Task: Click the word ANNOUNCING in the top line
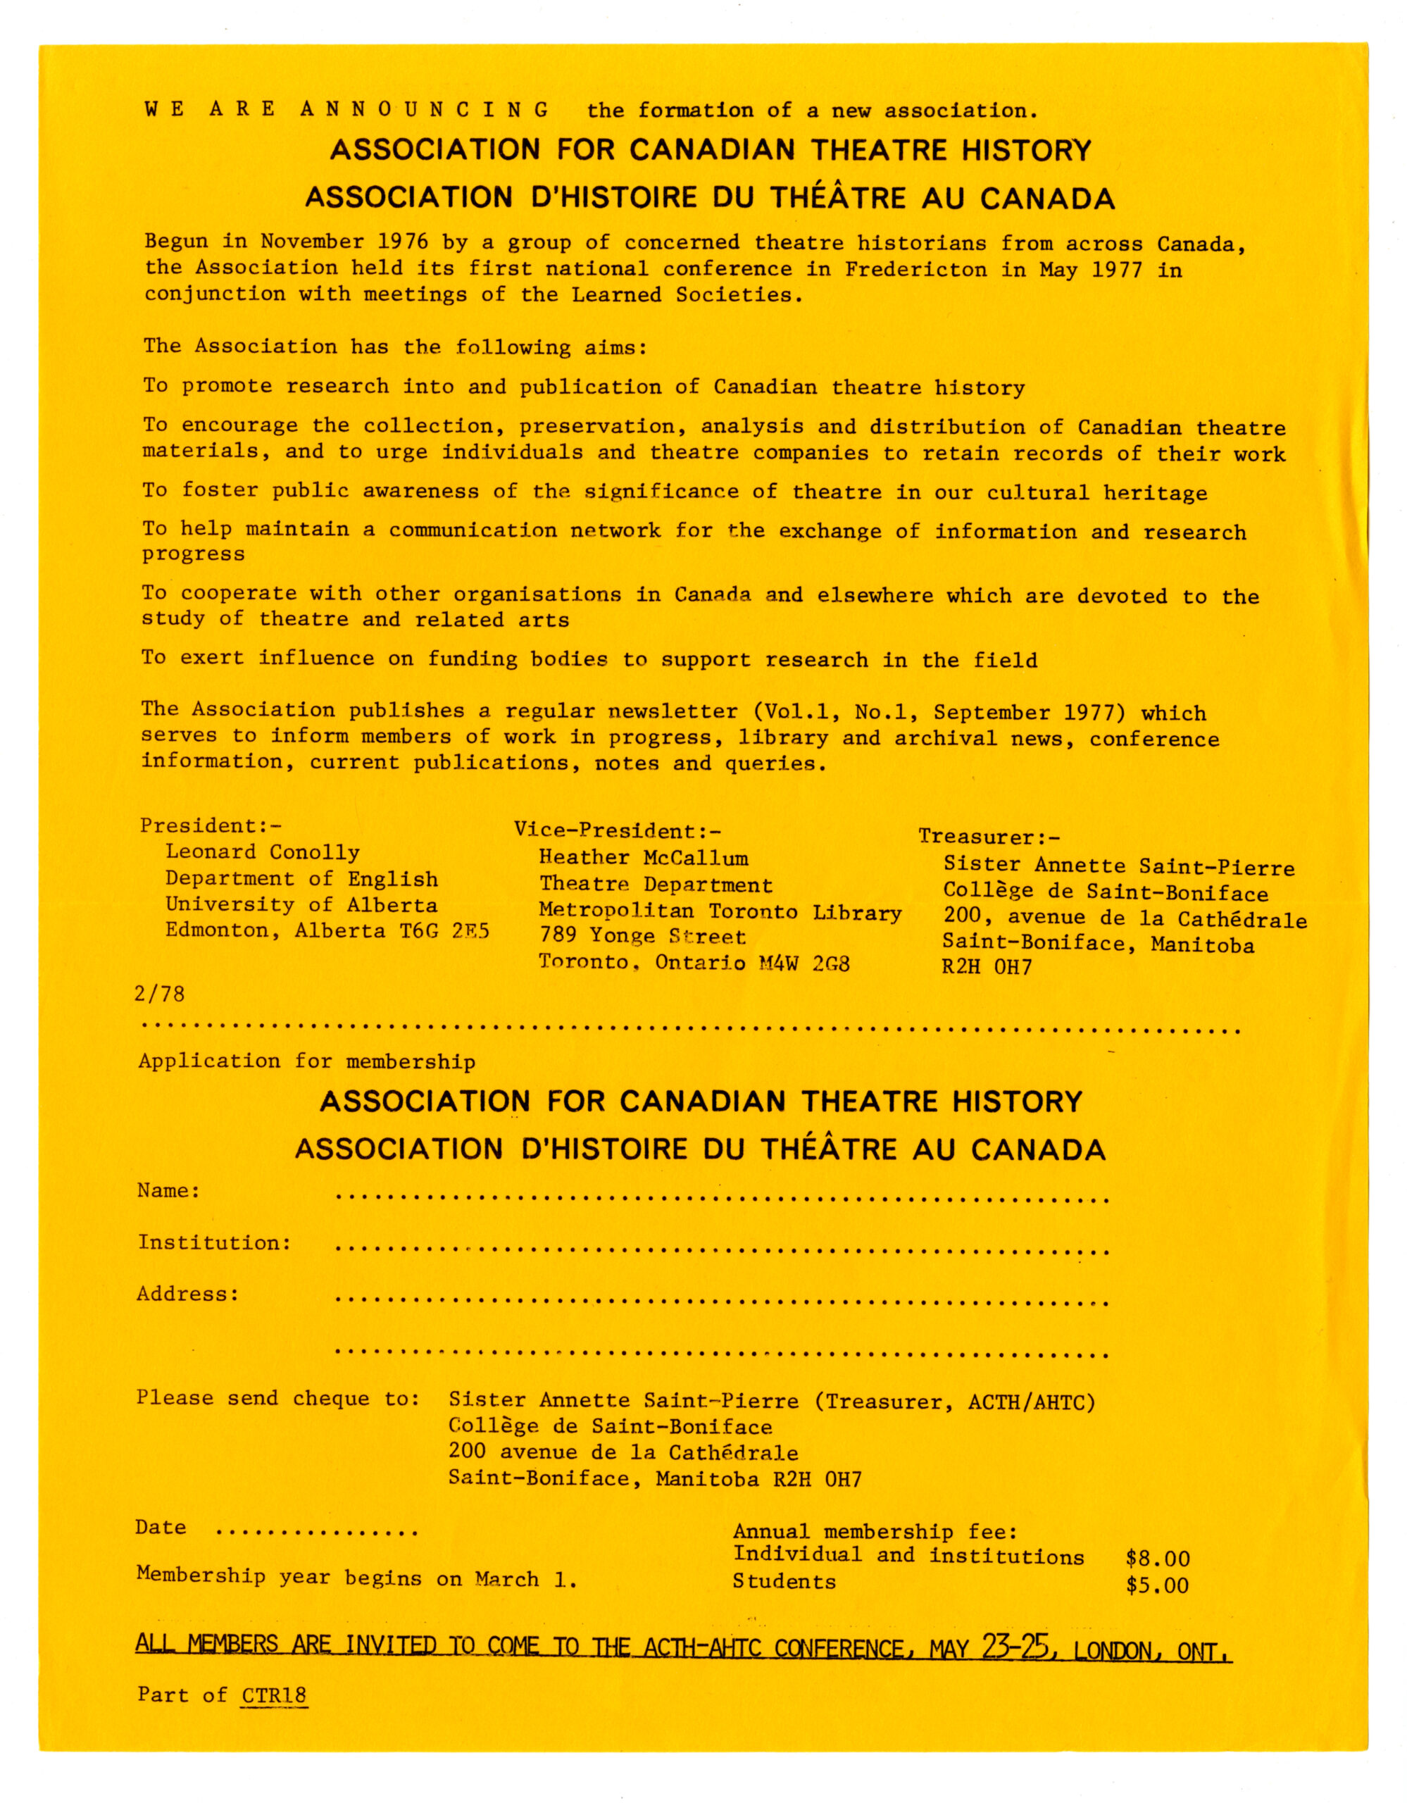(x=425, y=109)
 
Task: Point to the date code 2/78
(x=159, y=994)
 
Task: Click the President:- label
(x=211, y=826)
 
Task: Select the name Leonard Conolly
(x=263, y=853)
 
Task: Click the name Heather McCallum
(x=644, y=859)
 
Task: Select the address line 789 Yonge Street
(x=642, y=937)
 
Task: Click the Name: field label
(x=168, y=1191)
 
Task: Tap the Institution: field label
(x=215, y=1243)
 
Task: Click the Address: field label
(x=188, y=1294)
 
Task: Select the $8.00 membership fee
(x=1157, y=1559)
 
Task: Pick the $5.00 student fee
(x=1157, y=1585)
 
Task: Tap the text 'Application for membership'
(x=307, y=1061)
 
